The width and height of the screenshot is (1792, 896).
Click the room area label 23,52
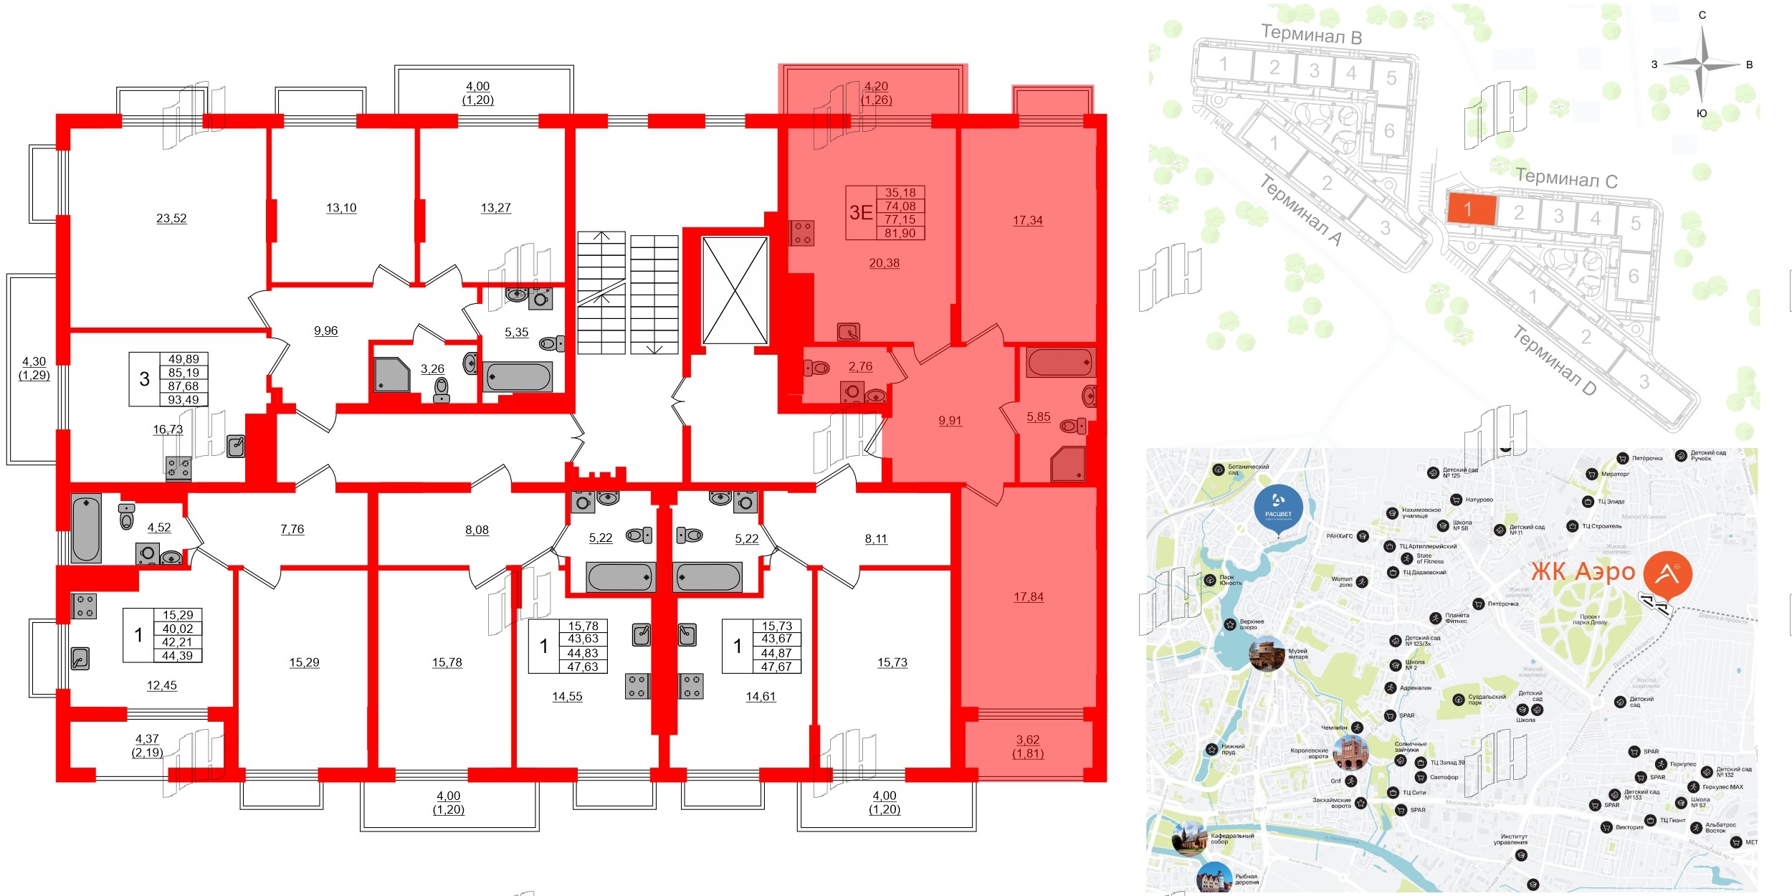click(x=171, y=219)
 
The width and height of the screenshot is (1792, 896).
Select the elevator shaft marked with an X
click(x=735, y=291)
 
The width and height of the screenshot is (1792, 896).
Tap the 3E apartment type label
click(x=861, y=213)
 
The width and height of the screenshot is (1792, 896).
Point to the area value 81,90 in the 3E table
click(x=900, y=233)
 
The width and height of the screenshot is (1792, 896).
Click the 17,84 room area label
click(x=1028, y=597)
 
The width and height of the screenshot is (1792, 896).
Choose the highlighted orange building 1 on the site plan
click(x=1472, y=209)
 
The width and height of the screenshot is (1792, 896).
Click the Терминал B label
click(x=1311, y=34)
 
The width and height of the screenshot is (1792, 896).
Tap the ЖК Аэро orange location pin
click(x=1667, y=574)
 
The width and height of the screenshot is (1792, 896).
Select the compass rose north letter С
click(x=1702, y=15)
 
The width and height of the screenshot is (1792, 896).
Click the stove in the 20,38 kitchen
click(x=802, y=232)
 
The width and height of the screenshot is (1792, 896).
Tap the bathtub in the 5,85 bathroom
click(x=1061, y=363)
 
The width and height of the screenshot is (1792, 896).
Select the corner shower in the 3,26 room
click(x=391, y=375)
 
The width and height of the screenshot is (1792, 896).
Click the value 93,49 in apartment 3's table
click(x=184, y=400)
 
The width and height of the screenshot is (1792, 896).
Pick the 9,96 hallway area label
click(x=325, y=331)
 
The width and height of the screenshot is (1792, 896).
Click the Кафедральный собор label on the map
click(x=1231, y=839)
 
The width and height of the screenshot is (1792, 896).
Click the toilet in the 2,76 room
click(x=817, y=368)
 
